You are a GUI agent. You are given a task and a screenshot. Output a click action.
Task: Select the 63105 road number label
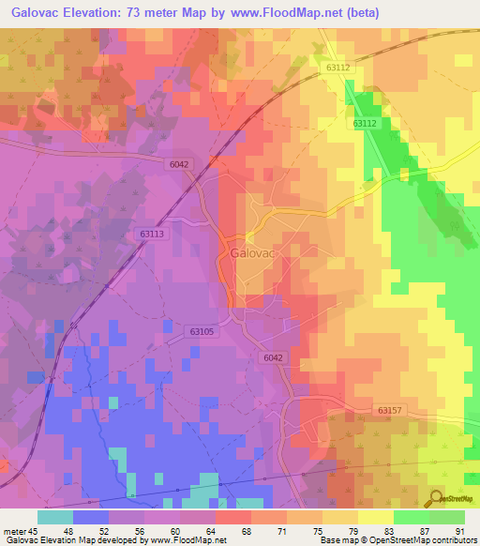tap(201, 331)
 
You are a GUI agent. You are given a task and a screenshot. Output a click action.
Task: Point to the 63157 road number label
tap(390, 410)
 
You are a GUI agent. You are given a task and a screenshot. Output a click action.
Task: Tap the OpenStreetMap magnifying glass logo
tap(435, 498)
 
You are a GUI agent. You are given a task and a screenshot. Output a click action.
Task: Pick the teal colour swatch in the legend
tap(55, 517)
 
